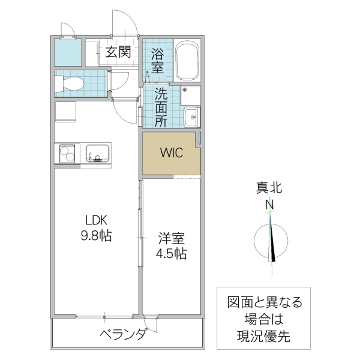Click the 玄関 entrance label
pyautogui.click(x=118, y=52)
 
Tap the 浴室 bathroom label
pyautogui.click(x=157, y=60)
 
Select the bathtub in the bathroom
pyautogui.click(x=188, y=60)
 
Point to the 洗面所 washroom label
pyautogui.click(x=161, y=107)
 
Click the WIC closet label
pyautogui.click(x=169, y=152)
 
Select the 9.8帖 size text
pyautogui.click(x=96, y=235)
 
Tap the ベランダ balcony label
pyautogui.click(x=123, y=334)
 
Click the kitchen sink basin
pyautogui.click(x=97, y=154)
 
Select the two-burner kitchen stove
pyautogui.click(x=67, y=154)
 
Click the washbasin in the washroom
pyautogui.click(x=192, y=116)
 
